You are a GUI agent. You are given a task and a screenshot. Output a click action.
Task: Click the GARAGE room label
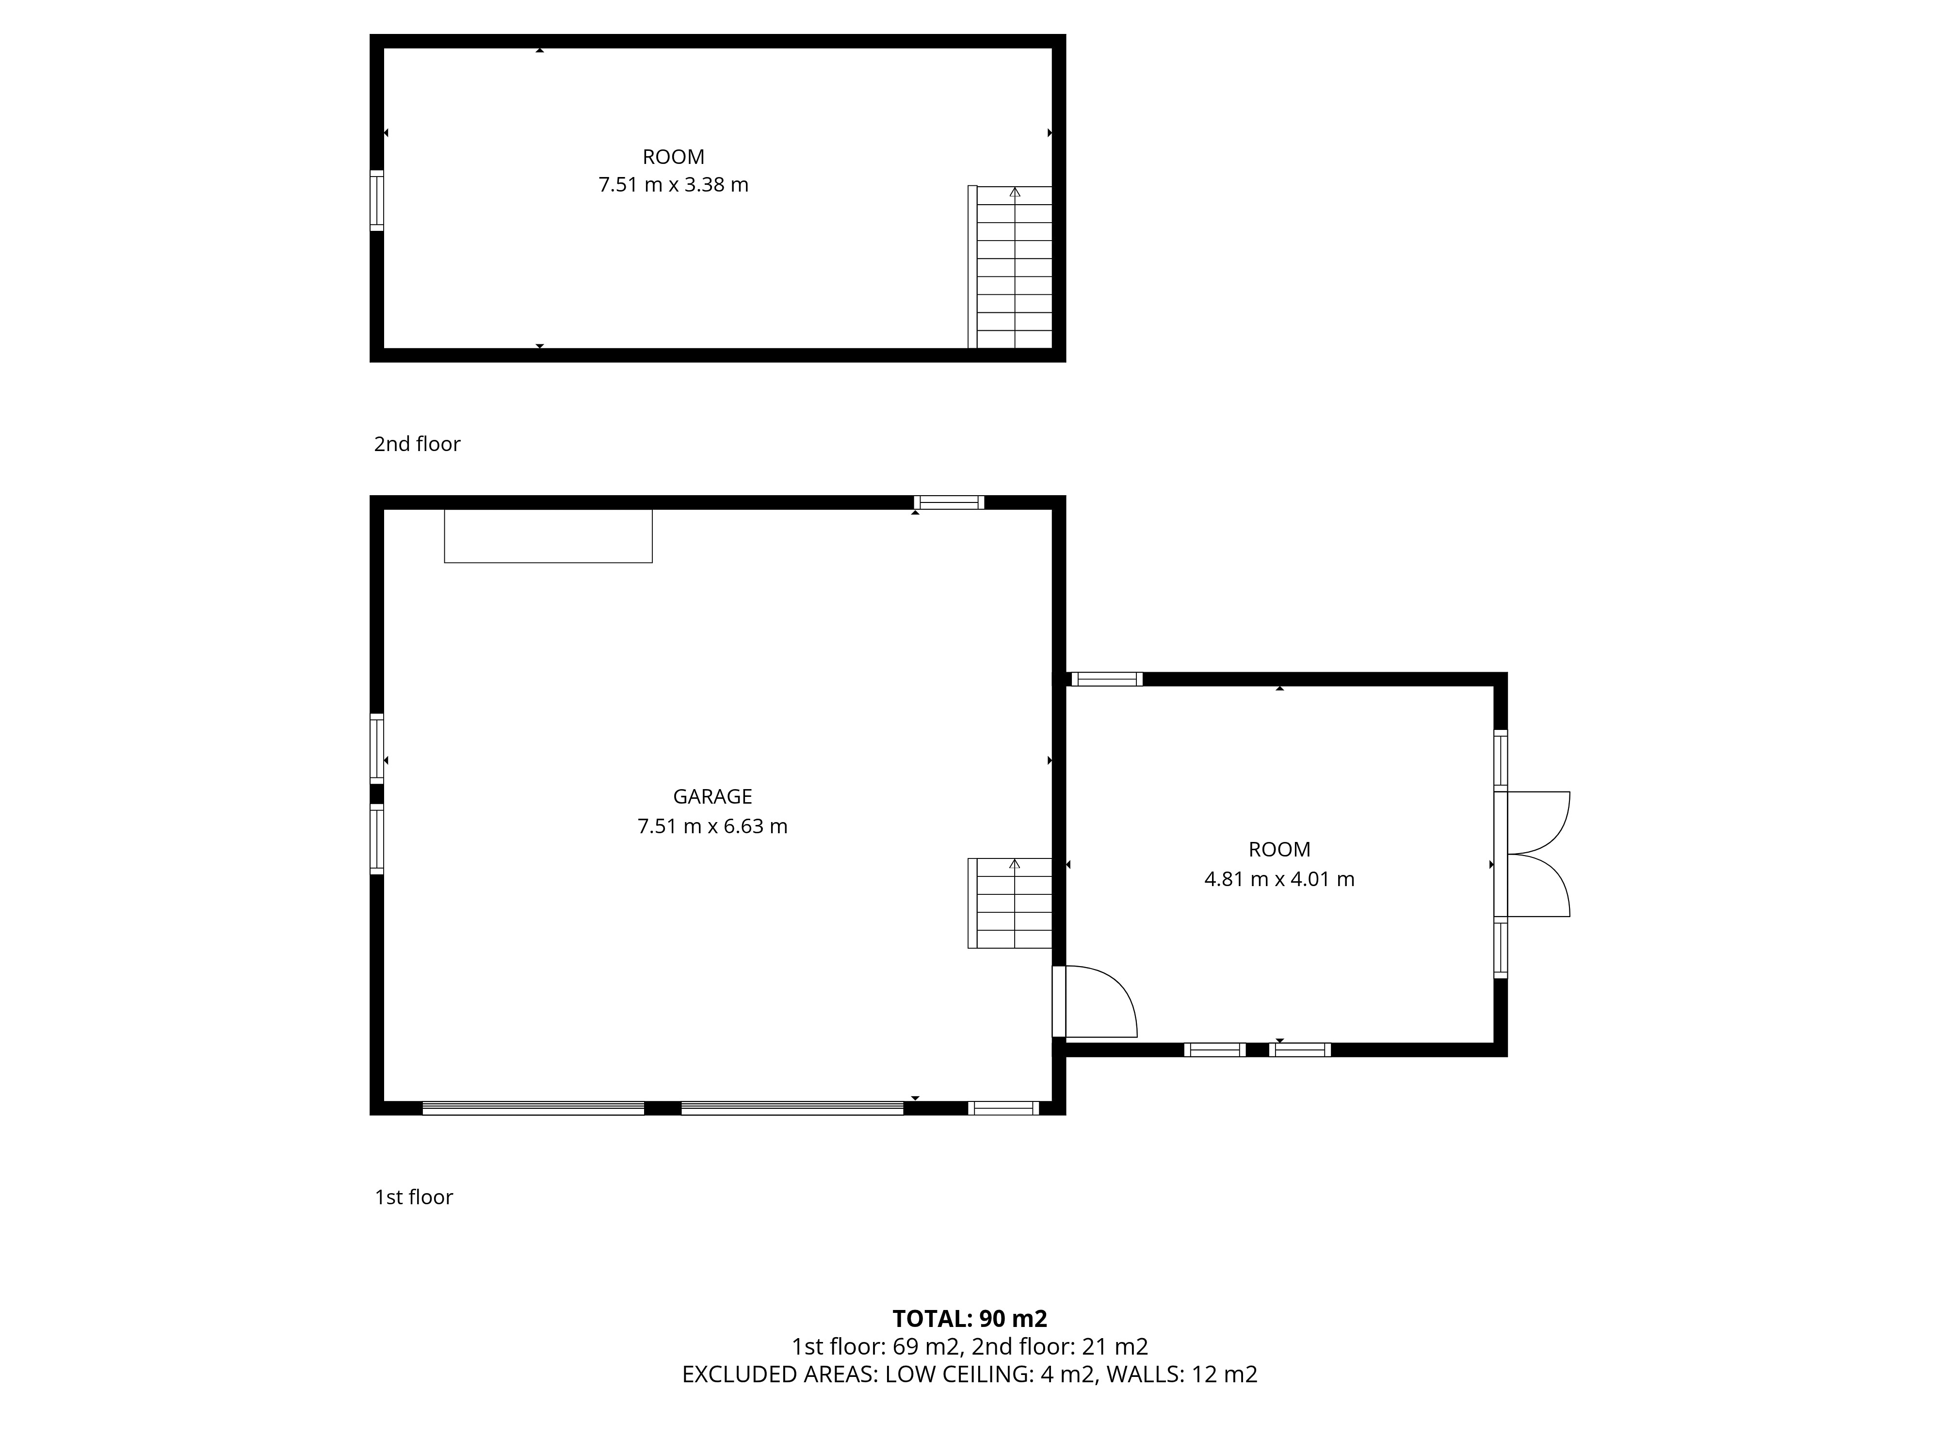coord(712,796)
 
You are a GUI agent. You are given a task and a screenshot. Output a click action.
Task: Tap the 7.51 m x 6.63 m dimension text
coord(712,826)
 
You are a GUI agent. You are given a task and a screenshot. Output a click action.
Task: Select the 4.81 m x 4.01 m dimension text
coord(1279,879)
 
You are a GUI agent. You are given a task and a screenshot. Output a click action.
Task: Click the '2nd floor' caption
coord(418,444)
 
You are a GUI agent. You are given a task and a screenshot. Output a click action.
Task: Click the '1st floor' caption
coord(414,1197)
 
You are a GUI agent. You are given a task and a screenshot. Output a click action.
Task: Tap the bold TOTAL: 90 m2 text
coord(970,1319)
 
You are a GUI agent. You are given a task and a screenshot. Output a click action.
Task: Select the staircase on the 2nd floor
coord(1010,267)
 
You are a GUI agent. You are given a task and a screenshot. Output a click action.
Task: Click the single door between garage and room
coord(1095,1002)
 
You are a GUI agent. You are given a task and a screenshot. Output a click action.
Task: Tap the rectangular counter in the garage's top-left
coord(548,536)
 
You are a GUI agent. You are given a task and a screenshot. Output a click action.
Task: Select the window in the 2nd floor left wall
coord(377,200)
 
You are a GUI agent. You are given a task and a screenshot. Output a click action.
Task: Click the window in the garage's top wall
coord(949,502)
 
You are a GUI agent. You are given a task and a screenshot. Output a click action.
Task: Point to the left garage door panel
coord(533,1108)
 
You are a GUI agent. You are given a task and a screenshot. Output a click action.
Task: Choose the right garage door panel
coord(792,1108)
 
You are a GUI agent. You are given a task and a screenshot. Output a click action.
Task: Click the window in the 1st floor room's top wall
coord(1107,679)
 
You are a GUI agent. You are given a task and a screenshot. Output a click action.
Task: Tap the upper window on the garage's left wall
coord(377,748)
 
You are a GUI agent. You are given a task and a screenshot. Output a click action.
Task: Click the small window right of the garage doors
coord(1003,1108)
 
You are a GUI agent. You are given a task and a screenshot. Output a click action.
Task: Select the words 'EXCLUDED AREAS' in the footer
coord(779,1374)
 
